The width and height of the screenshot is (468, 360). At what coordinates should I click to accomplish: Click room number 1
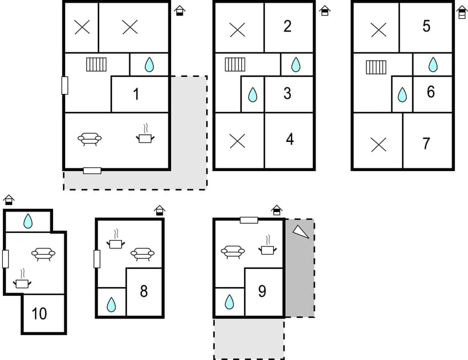[x=136, y=94]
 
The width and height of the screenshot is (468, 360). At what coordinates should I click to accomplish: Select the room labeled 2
[x=288, y=26]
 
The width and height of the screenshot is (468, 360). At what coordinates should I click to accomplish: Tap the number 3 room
[x=288, y=93]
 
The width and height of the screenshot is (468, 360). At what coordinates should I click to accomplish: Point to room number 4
[x=290, y=139]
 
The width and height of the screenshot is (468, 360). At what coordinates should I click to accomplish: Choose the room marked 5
[x=426, y=26]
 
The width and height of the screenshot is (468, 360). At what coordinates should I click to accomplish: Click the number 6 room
[x=431, y=92]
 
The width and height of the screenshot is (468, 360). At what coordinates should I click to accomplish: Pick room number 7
[x=426, y=144]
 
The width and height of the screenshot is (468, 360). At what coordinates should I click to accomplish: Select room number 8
[x=144, y=291]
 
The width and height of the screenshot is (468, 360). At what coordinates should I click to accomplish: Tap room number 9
[x=263, y=291]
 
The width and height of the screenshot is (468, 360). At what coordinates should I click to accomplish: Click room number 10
[x=39, y=314]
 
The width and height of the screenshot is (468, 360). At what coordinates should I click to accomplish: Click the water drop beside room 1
[x=149, y=65]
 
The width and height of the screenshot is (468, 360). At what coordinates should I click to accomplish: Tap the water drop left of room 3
[x=252, y=95]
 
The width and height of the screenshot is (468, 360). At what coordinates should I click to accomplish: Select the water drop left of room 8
[x=111, y=304]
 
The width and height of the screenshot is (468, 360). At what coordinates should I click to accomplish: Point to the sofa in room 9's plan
[x=232, y=251]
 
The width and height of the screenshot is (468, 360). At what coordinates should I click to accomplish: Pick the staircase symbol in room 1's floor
[x=96, y=65]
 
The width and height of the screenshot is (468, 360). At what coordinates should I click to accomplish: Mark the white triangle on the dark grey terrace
[x=300, y=232]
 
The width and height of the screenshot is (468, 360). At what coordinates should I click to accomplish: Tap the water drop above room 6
[x=433, y=65]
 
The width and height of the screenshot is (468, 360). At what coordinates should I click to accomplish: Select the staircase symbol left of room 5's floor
[x=376, y=67]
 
